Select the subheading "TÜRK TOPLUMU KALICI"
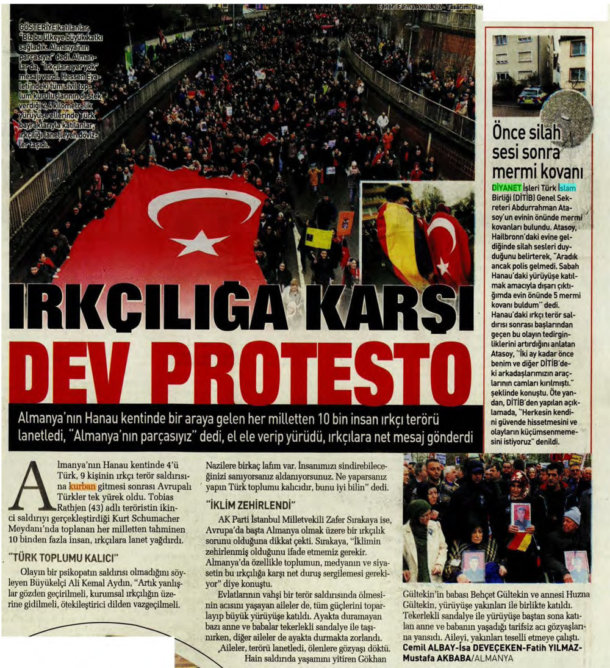tap(62, 557)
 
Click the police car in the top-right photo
tap(532, 96)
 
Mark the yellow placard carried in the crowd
tap(319, 238)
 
